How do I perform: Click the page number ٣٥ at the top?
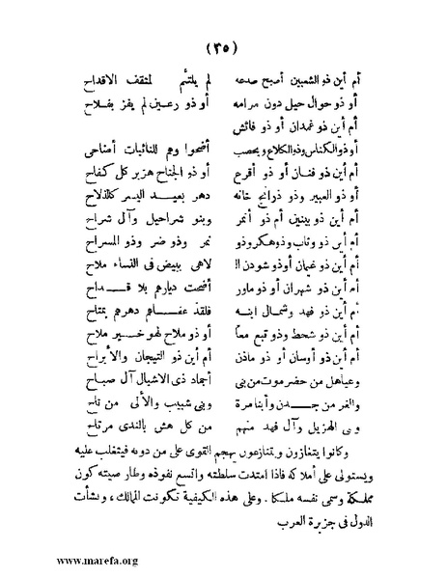(x=224, y=49)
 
